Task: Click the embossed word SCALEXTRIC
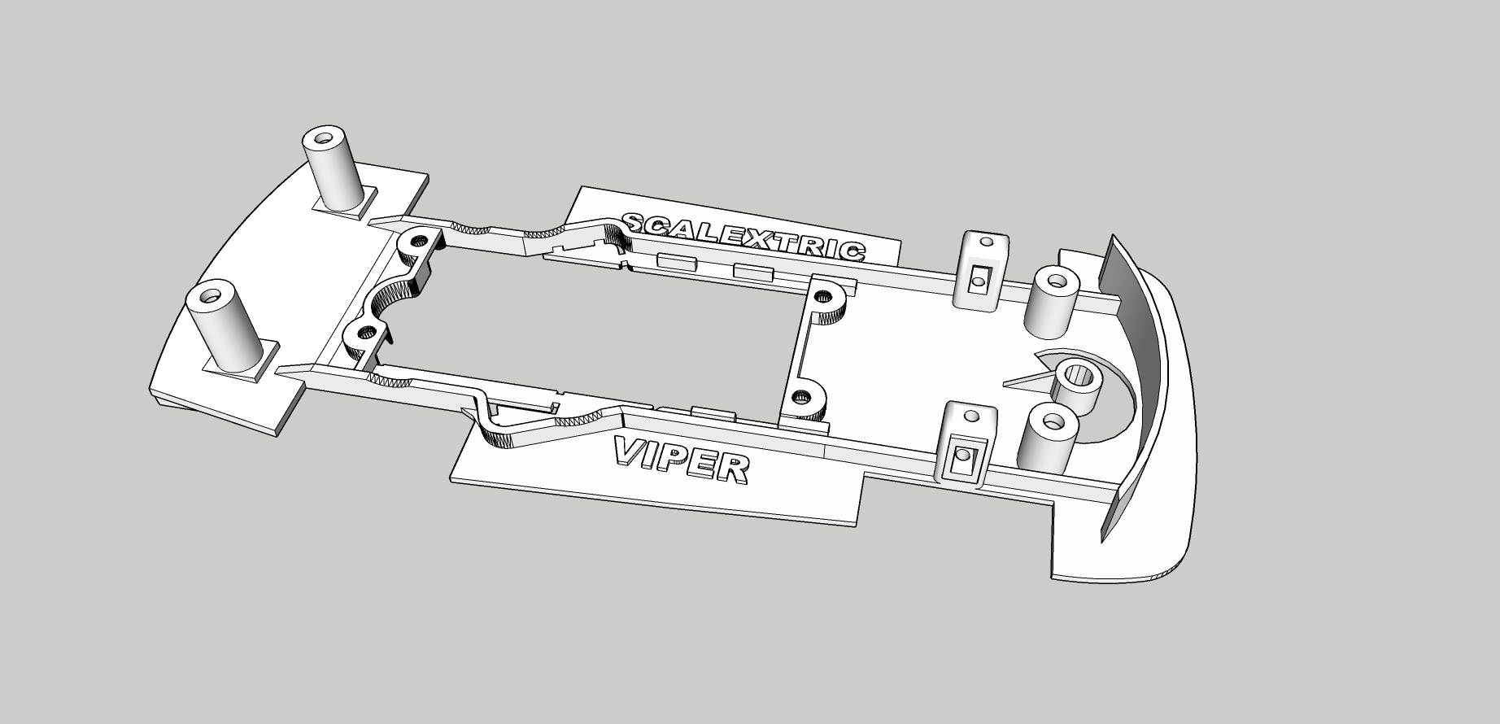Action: pos(742,236)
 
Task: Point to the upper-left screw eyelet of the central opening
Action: pos(420,241)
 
